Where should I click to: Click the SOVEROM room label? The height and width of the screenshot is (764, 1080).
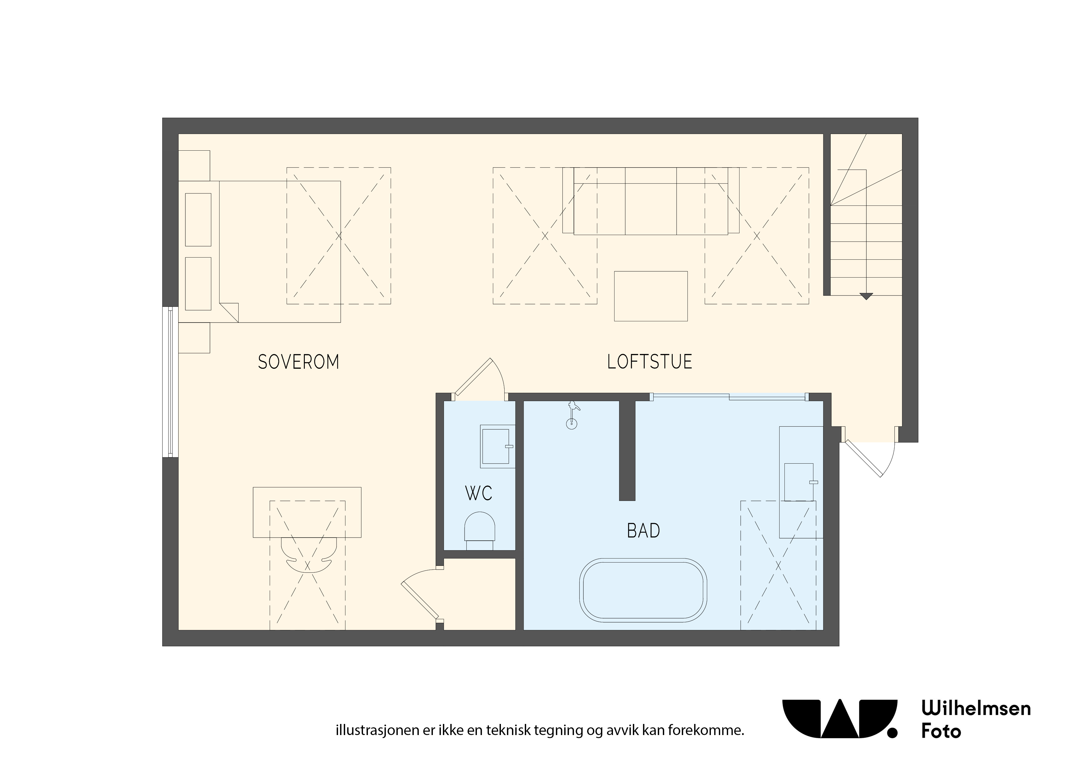click(x=298, y=362)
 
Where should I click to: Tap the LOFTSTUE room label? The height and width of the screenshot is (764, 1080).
click(x=650, y=362)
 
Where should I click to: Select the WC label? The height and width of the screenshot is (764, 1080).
click(x=478, y=493)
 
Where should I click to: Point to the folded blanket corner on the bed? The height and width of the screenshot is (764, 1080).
click(x=229, y=312)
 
